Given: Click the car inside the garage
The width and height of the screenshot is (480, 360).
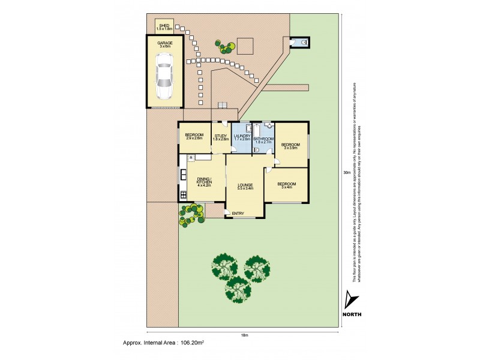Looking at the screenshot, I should pyautogui.click(x=164, y=76).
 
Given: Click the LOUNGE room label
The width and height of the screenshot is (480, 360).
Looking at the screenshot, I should pyautogui.click(x=244, y=186).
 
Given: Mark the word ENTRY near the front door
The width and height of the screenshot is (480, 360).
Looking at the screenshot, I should pyautogui.click(x=238, y=214).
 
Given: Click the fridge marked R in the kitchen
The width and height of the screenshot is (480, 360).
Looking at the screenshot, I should pyautogui.click(x=190, y=158).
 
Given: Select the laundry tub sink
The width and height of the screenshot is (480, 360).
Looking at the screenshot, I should pyautogui.click(x=248, y=128).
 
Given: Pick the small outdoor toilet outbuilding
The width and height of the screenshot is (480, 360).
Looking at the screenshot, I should pyautogui.click(x=298, y=42).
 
